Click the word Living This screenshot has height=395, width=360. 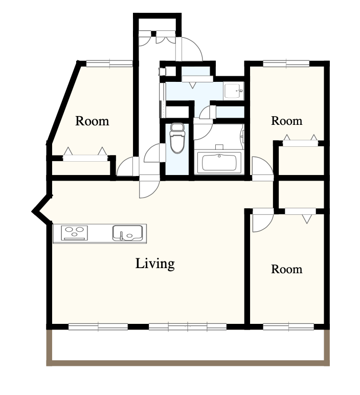[155, 264]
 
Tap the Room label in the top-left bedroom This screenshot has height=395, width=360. [92, 121]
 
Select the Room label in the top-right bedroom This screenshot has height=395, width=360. [286, 121]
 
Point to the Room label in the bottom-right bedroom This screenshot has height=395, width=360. [286, 269]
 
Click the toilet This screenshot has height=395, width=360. [177, 138]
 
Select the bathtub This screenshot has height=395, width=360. [219, 163]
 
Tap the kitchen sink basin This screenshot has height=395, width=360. [127, 233]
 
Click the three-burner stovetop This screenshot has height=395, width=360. [74, 233]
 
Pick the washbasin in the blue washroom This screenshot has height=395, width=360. [233, 91]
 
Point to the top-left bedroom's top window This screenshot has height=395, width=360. [109, 63]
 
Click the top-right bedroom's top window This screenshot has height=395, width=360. [286, 63]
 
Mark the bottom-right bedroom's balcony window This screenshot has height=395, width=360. [288, 326]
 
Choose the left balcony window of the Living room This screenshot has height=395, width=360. [98, 326]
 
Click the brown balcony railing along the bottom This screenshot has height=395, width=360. [188, 363]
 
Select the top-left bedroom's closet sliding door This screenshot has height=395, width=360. [85, 158]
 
